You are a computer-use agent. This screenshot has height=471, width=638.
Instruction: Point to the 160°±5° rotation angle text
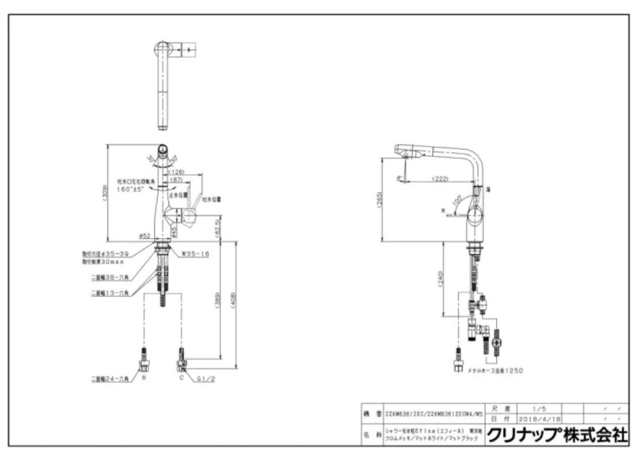(129, 189)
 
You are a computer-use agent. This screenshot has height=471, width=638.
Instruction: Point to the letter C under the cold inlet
(182, 377)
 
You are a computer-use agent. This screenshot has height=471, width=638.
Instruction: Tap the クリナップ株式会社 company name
(557, 436)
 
